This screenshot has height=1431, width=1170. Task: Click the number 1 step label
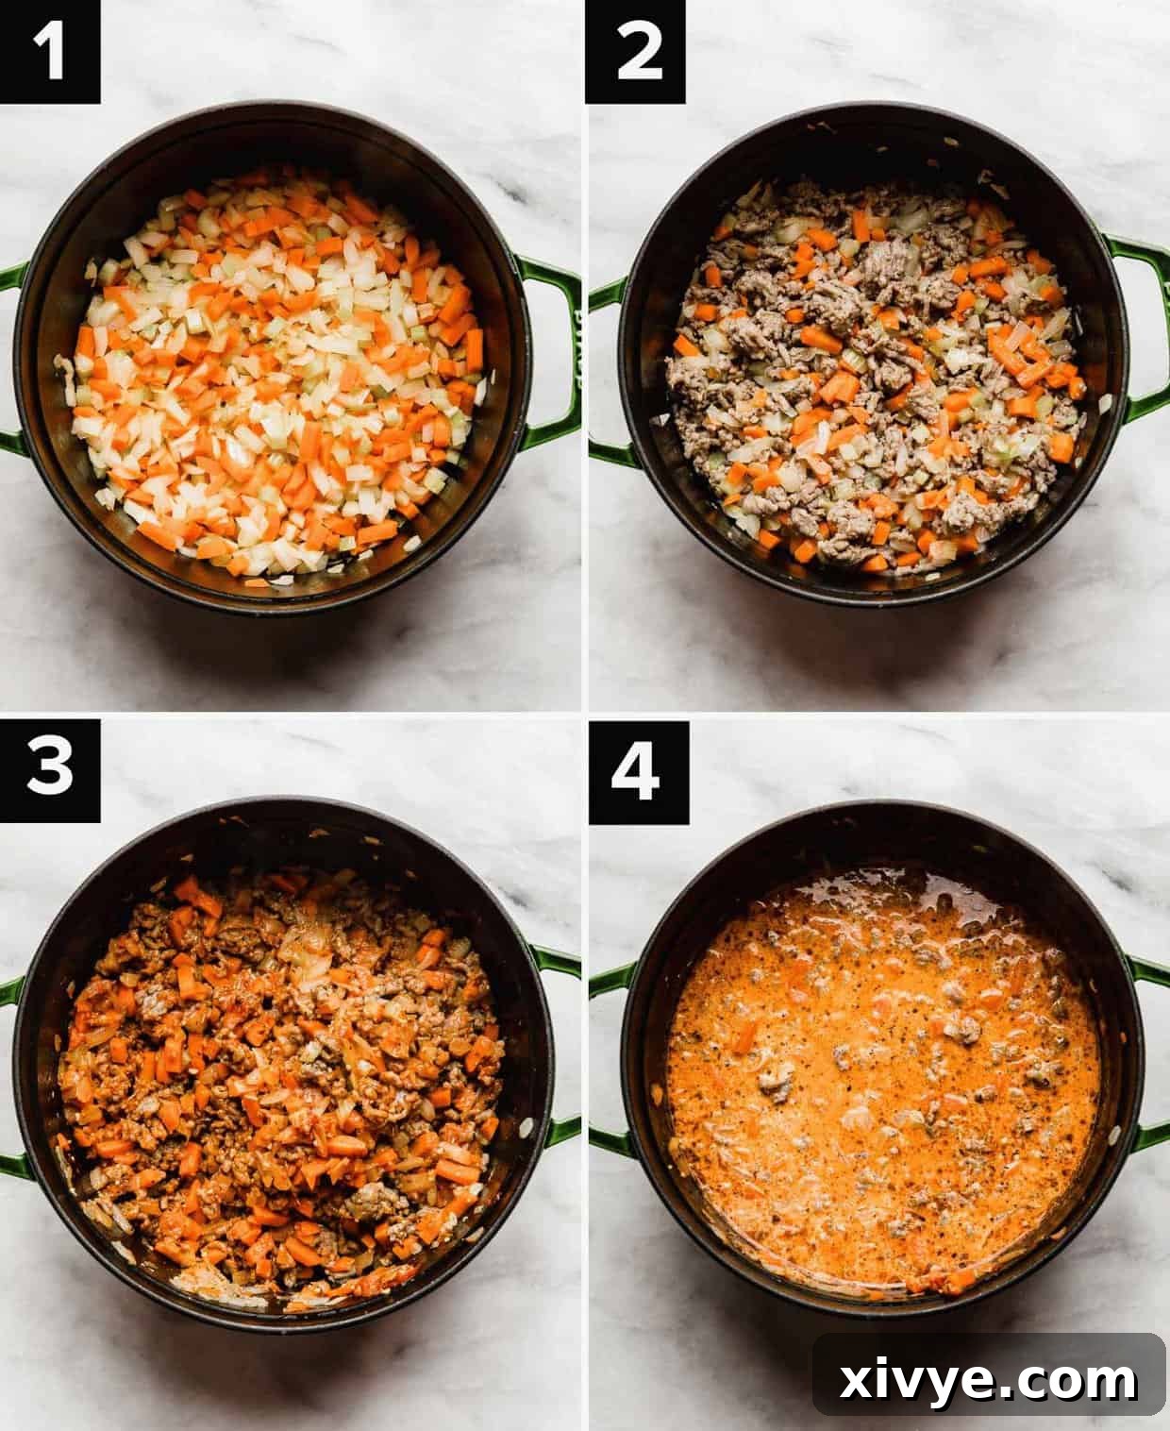(49, 51)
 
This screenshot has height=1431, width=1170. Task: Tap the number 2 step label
(635, 51)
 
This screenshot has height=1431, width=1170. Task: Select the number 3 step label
(49, 768)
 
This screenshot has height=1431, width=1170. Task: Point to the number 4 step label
(635, 768)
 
